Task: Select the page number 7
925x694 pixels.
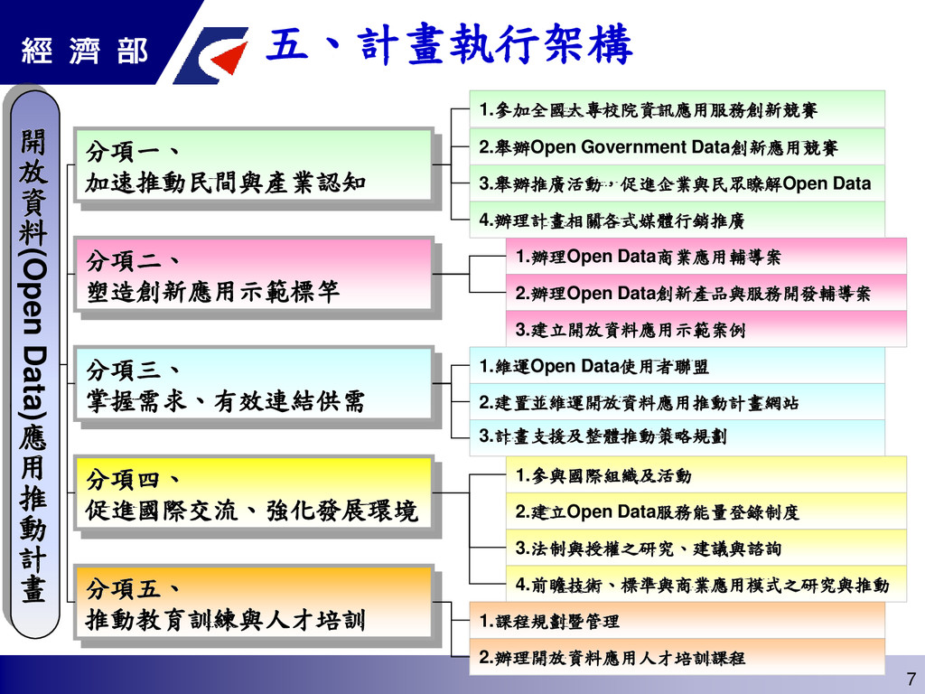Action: (909, 679)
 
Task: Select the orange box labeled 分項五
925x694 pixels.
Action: (253, 605)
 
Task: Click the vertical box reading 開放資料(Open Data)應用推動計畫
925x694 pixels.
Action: (33, 361)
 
